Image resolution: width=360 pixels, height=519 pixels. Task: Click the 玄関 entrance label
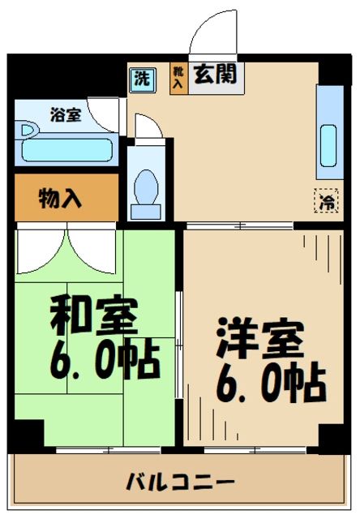pyautogui.click(x=215, y=75)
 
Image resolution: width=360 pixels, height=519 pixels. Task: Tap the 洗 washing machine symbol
pyautogui.click(x=142, y=79)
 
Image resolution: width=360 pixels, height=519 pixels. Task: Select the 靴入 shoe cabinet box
pyautogui.click(x=178, y=77)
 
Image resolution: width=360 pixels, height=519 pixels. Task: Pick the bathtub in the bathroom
pyautogui.click(x=65, y=150)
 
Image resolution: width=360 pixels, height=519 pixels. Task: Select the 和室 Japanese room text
pyautogui.click(x=95, y=315)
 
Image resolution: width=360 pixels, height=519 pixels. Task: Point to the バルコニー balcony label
pyautogui.click(x=180, y=483)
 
